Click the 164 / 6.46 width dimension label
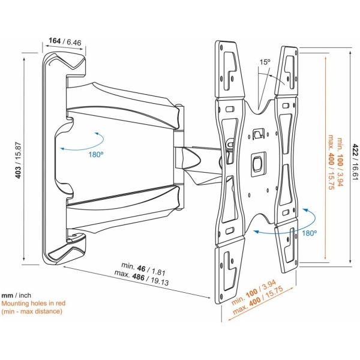coord(65,41)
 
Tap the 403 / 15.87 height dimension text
coord(18,160)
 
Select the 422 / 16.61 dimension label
coord(355,162)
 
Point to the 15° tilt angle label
coord(265,62)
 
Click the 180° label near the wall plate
coord(96,154)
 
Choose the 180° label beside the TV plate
coord(309,233)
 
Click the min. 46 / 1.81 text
coord(143,268)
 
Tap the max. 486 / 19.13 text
coord(142,277)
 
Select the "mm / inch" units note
coord(16,295)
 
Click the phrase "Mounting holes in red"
coord(33,303)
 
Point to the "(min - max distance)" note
coord(32,311)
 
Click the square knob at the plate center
coord(258,164)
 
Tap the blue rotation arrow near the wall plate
coord(82,142)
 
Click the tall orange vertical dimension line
coord(325,158)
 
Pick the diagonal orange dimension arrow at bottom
coord(261,304)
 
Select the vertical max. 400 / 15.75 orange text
coord(331,162)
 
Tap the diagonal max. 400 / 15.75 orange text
coord(259,300)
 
